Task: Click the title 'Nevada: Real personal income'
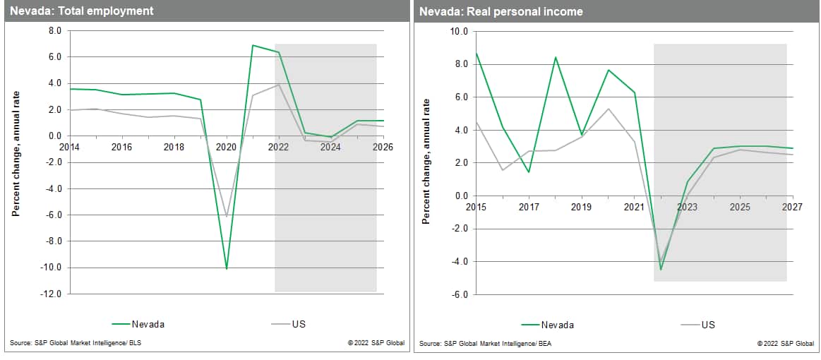tap(501, 11)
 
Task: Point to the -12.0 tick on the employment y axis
tap(52, 294)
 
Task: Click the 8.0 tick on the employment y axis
tap(55, 31)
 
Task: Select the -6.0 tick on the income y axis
tap(460, 294)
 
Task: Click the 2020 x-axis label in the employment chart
tap(226, 147)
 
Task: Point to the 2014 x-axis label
tap(70, 147)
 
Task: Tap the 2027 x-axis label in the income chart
tap(792, 207)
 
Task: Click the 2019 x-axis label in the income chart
tap(581, 207)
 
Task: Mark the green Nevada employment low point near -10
tap(227, 268)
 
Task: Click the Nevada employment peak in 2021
tap(253, 45)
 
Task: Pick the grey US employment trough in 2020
tap(227, 216)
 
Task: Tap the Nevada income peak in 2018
tap(556, 57)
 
